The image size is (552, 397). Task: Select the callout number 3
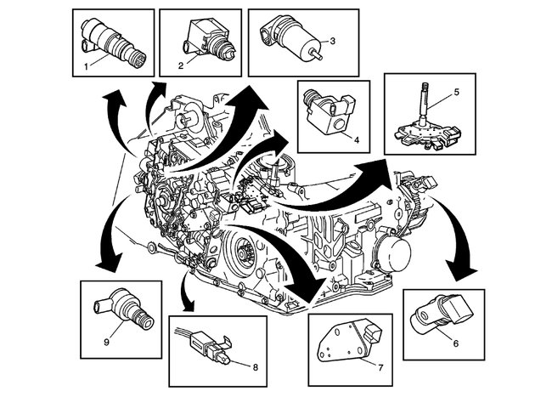pyautogui.click(x=333, y=40)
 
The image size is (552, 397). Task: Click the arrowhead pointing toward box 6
pyautogui.click(x=462, y=271)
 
